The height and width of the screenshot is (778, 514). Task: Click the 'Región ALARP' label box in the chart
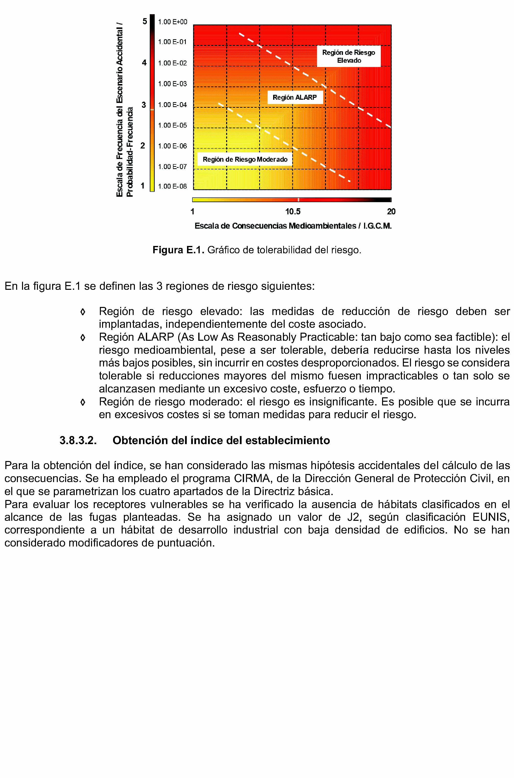pos(295,97)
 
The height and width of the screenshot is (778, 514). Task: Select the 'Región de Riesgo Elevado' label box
pos(349,56)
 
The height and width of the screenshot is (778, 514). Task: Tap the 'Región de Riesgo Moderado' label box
pos(245,159)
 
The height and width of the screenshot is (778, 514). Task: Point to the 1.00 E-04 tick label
pos(172,105)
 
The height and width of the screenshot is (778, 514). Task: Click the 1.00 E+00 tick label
pos(172,22)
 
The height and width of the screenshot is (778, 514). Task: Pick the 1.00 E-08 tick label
pos(172,186)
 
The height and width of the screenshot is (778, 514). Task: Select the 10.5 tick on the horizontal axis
pos(293,212)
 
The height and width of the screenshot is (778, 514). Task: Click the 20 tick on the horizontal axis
pos(391,212)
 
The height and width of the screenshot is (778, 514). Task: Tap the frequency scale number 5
pos(145,21)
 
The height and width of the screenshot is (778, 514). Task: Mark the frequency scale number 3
pos(144,105)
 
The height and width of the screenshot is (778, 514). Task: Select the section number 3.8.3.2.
pos(78,440)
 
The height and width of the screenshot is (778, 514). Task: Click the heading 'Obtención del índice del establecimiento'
pos(221,440)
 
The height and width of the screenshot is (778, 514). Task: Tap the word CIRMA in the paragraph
pos(252,478)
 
